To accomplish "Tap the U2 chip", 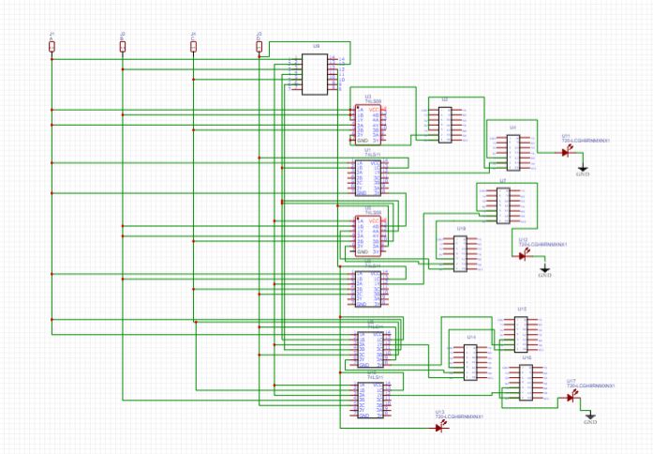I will [x=445, y=123].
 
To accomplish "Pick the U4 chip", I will [x=512, y=150].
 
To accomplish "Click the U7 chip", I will [x=503, y=205].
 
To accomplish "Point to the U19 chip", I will [x=461, y=251].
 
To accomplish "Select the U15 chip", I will [x=522, y=333].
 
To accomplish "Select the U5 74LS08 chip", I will [x=367, y=234].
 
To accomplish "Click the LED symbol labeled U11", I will [x=567, y=151].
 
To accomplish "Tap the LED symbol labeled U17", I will [x=571, y=398].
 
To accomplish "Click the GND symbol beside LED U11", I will [x=582, y=170].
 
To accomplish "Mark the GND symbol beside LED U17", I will [x=590, y=418].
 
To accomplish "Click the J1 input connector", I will [x=52, y=45].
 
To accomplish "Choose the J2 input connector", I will [x=122, y=45].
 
